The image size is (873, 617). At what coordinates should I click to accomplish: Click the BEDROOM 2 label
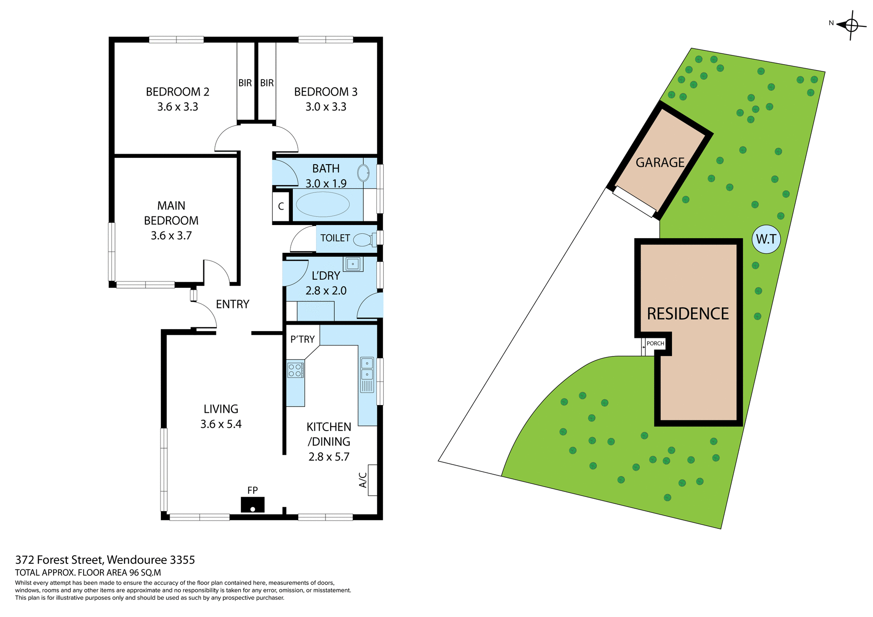(x=177, y=92)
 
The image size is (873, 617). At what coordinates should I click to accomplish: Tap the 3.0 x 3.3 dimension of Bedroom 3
(x=326, y=107)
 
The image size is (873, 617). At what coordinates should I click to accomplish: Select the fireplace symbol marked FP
(x=252, y=504)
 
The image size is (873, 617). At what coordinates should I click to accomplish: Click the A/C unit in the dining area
(x=372, y=480)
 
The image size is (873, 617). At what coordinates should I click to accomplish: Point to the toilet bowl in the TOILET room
(x=363, y=239)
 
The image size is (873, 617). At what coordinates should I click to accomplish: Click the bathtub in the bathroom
(x=322, y=204)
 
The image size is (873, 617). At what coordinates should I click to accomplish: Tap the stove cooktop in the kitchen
(x=295, y=370)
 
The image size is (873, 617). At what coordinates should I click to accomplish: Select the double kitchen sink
(x=367, y=369)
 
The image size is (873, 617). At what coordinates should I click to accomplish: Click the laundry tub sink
(x=353, y=264)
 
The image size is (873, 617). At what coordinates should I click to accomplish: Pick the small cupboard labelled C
(x=281, y=206)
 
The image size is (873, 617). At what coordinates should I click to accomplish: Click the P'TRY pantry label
(x=302, y=339)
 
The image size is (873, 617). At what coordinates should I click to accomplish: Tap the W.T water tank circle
(x=766, y=239)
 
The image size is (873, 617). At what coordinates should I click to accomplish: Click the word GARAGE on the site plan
(x=660, y=162)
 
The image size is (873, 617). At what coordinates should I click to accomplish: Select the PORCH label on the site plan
(x=655, y=343)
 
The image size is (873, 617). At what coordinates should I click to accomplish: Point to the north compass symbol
(x=851, y=25)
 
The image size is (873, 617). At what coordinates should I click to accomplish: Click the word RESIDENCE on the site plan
(x=687, y=314)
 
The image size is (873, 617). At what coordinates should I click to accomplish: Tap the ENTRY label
(x=232, y=304)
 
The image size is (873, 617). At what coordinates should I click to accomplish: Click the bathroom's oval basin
(x=363, y=173)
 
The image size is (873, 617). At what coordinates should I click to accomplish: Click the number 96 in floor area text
(x=135, y=572)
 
